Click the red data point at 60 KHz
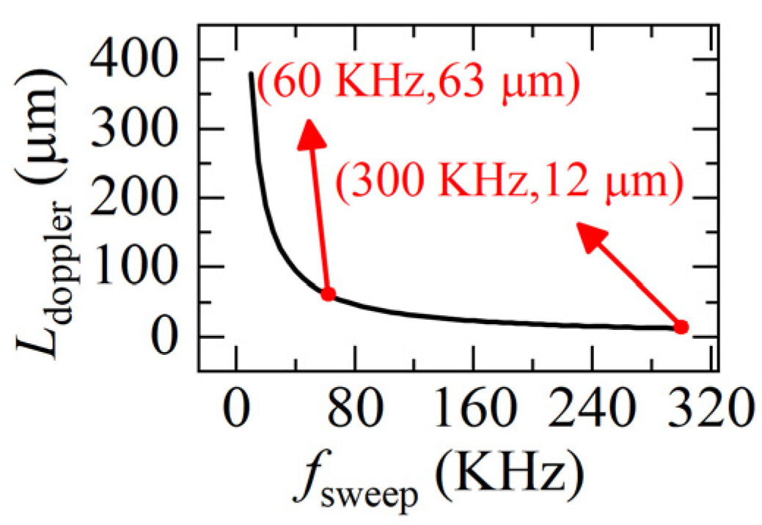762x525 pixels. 328,294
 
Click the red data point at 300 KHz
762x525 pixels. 681,326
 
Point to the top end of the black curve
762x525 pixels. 251,73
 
